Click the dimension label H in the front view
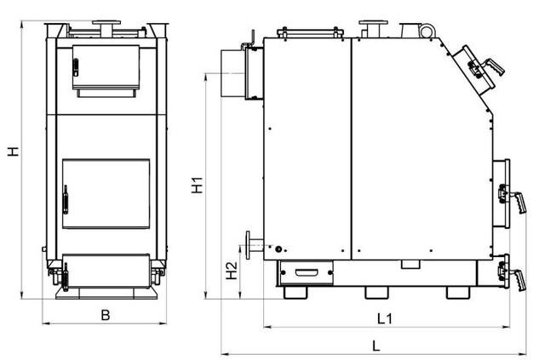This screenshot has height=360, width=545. tap(14, 151)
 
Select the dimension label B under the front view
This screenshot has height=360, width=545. tap(106, 315)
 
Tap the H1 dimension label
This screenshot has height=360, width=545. tap(197, 185)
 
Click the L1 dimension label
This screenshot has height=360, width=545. tap(384, 318)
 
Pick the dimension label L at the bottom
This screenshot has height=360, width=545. tap(376, 346)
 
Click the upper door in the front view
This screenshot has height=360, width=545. tap(106, 67)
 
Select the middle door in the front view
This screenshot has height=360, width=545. tap(106, 193)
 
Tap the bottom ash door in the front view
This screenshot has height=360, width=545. tap(106, 271)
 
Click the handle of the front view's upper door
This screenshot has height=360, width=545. tap(76, 67)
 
